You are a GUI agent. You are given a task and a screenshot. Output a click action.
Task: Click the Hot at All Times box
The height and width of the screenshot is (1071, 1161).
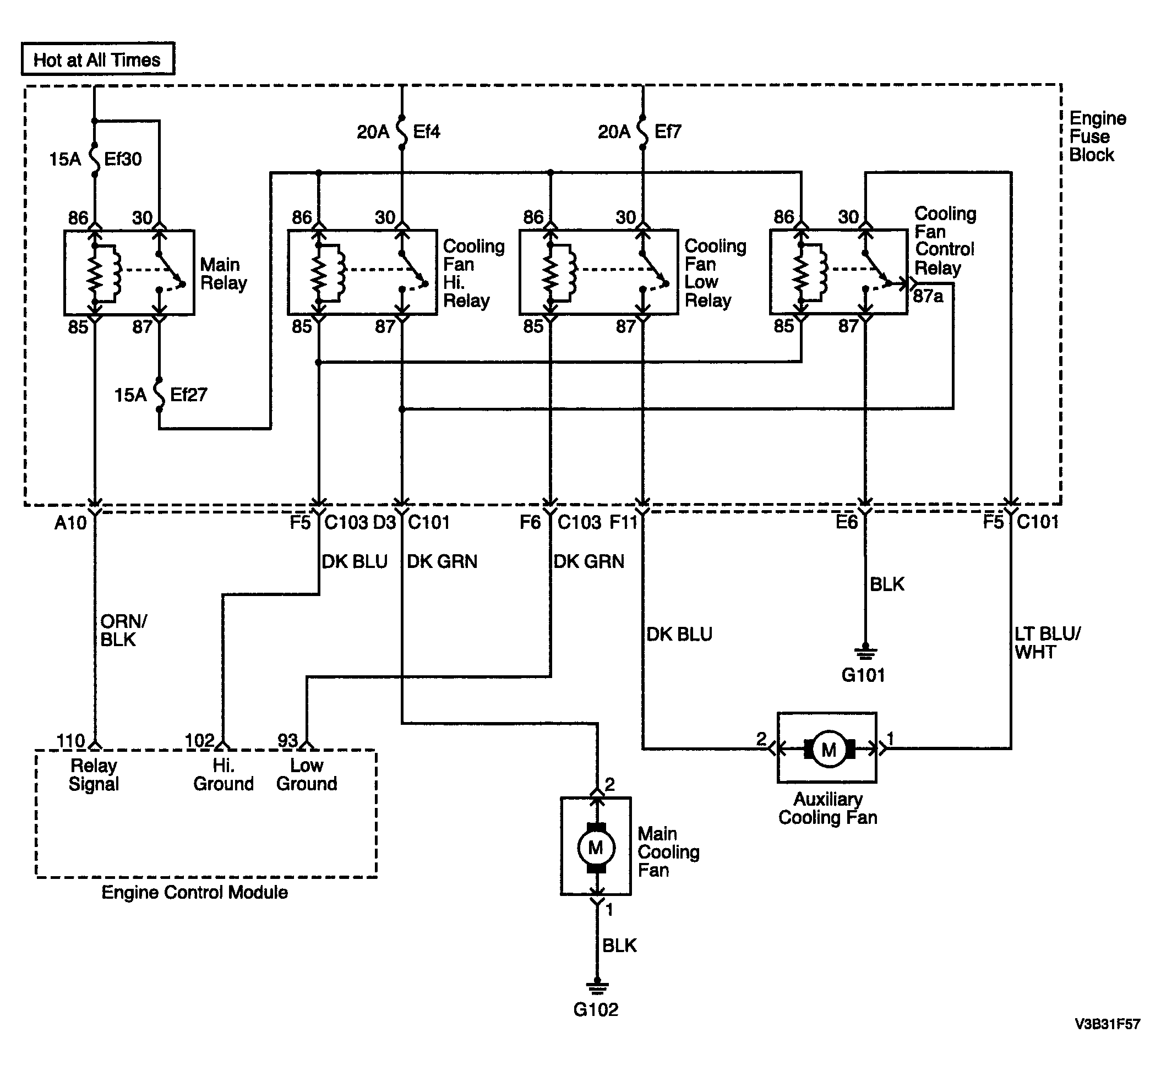(x=98, y=58)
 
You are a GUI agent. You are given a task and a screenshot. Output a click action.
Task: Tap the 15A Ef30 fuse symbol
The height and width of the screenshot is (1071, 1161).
(x=95, y=158)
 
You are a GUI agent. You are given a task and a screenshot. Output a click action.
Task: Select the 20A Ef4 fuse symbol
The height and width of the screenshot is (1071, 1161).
(x=402, y=132)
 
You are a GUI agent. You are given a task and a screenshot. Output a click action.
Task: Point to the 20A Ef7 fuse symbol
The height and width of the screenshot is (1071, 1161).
(x=642, y=132)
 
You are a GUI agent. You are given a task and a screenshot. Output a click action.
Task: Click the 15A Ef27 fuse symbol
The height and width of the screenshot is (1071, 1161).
(x=160, y=395)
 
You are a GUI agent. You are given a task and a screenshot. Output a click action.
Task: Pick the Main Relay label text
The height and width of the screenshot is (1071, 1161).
(x=224, y=274)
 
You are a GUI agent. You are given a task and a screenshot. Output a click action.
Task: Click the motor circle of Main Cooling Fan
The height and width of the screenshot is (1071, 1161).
(x=596, y=848)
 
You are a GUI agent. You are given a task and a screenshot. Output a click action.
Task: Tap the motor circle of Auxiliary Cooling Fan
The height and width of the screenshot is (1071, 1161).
(x=830, y=750)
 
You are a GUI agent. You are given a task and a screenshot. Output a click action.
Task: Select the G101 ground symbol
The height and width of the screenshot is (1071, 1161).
(x=865, y=653)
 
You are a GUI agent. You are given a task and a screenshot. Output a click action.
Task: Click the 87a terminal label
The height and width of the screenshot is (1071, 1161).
(x=928, y=296)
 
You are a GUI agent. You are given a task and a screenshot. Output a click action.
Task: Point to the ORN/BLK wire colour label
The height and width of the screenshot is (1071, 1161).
(x=123, y=631)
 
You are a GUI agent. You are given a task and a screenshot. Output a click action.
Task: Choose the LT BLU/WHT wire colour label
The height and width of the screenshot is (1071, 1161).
(x=1048, y=643)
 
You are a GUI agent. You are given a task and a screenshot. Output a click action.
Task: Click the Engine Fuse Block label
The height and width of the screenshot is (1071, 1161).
(x=1097, y=137)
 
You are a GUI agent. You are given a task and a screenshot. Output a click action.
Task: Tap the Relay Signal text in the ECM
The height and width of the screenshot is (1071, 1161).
(x=94, y=775)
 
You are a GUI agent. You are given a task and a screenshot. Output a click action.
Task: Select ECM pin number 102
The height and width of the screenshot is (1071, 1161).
(x=199, y=741)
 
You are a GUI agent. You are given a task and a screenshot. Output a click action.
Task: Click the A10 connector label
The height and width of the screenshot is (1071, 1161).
(x=70, y=523)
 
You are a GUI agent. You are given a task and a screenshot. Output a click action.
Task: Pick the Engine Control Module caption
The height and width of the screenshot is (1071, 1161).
(x=195, y=893)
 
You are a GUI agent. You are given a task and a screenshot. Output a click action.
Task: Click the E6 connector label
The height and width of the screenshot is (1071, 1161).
(x=846, y=522)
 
